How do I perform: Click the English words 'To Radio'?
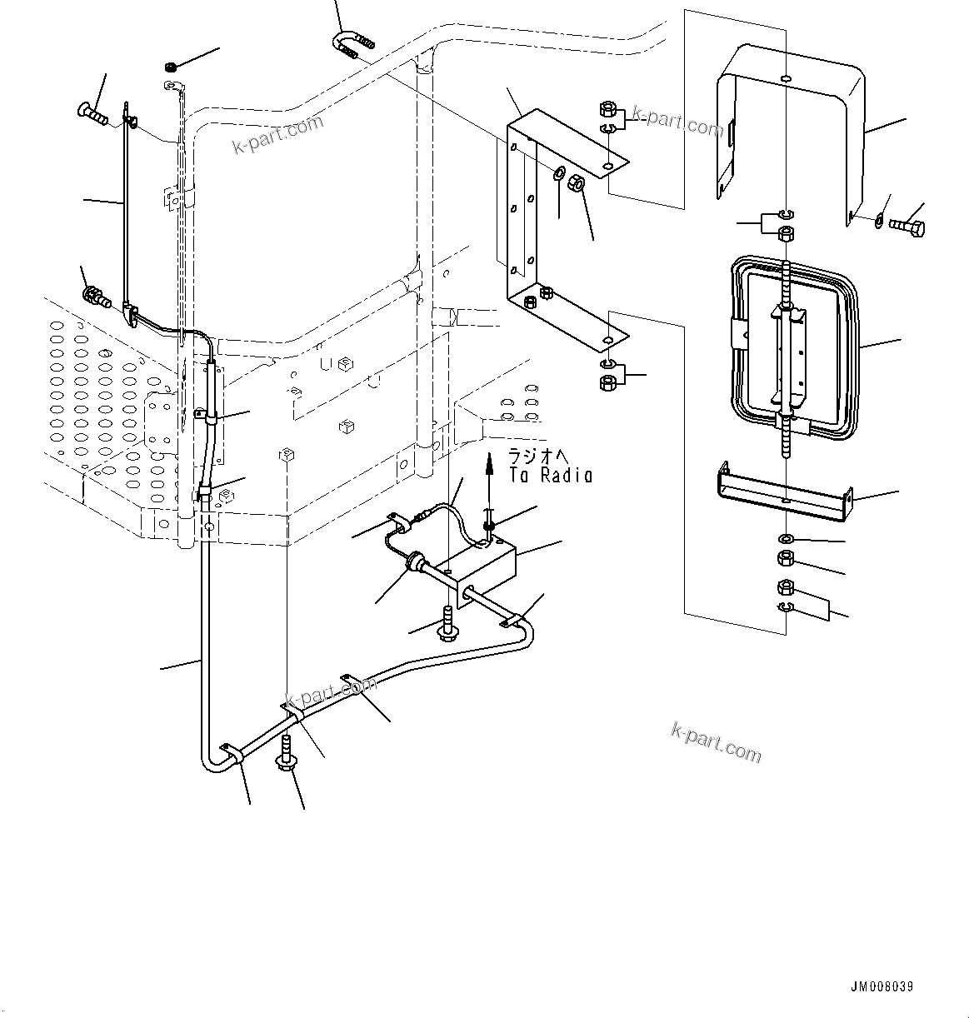[551, 476]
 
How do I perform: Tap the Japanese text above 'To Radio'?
[542, 457]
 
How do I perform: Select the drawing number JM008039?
[882, 986]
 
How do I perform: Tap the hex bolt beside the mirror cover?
[907, 226]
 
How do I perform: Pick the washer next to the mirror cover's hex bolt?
[880, 220]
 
